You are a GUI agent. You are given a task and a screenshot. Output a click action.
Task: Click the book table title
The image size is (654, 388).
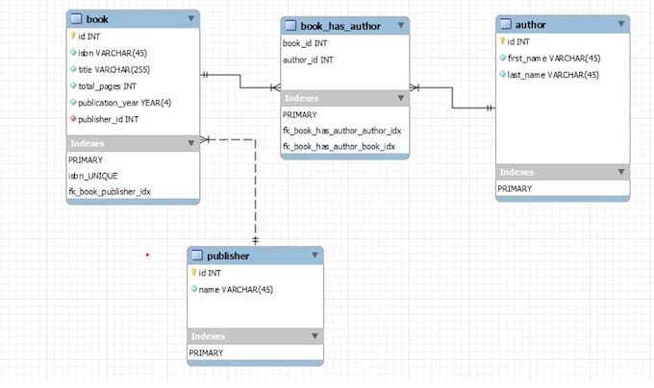tap(97, 19)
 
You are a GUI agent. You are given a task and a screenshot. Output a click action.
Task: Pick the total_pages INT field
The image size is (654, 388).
tap(110, 85)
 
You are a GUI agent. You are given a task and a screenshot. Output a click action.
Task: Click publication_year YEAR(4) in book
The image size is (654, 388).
tap(124, 102)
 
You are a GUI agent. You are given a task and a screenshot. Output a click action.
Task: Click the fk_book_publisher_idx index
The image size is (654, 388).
tap(109, 191)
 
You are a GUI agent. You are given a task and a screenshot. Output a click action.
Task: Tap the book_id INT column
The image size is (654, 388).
tap(306, 44)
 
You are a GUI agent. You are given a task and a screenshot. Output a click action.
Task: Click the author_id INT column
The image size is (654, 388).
tap(308, 60)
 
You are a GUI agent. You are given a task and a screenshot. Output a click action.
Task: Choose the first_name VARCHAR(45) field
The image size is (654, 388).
tap(554, 58)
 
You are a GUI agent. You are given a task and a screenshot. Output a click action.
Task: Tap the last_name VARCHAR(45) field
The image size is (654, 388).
tap(553, 74)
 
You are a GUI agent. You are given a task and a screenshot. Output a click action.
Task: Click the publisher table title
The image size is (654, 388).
tap(228, 256)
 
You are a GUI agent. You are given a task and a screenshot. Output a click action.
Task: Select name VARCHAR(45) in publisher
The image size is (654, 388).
tap(235, 289)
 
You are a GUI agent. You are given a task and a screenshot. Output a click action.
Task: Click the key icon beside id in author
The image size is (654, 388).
tap(502, 41)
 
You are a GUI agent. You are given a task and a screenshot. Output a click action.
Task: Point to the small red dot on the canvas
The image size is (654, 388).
tap(147, 255)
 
